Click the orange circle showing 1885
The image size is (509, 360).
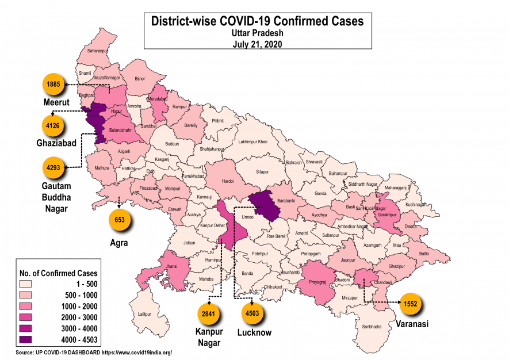53,85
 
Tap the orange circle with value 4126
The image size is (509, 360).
53,124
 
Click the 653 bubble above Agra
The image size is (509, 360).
120,220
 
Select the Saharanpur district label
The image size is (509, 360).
97,51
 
